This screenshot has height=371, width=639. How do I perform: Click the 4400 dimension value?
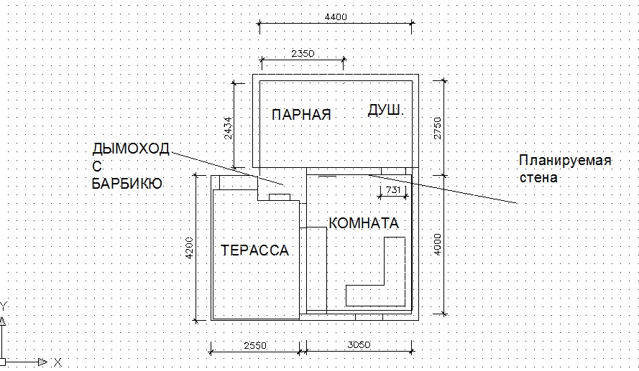[336, 17]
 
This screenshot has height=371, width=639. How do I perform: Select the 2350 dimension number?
[303, 54]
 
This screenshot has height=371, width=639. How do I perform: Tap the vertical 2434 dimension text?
[229, 128]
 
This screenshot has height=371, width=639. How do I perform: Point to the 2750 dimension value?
[438, 128]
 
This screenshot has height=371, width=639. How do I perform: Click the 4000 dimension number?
[438, 245]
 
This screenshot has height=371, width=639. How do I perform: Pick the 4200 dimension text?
[190, 248]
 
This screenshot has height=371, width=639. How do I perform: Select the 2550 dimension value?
[255, 346]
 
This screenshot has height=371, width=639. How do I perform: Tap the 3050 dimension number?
[359, 345]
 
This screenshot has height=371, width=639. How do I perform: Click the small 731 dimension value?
[393, 190]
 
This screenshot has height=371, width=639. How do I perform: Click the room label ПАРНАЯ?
[301, 115]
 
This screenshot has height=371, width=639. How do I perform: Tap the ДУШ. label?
[385, 111]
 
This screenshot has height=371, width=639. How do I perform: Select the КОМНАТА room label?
[364, 223]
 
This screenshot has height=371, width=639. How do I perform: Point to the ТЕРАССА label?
[254, 250]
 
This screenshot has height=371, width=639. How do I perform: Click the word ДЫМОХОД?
[131, 149]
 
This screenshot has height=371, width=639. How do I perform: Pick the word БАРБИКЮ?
[127, 184]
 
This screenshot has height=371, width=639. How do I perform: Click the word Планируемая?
[565, 161]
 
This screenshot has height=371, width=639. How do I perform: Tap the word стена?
[538, 178]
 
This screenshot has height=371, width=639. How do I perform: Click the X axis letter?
[58, 362]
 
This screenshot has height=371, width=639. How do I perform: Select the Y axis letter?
[4, 306]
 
